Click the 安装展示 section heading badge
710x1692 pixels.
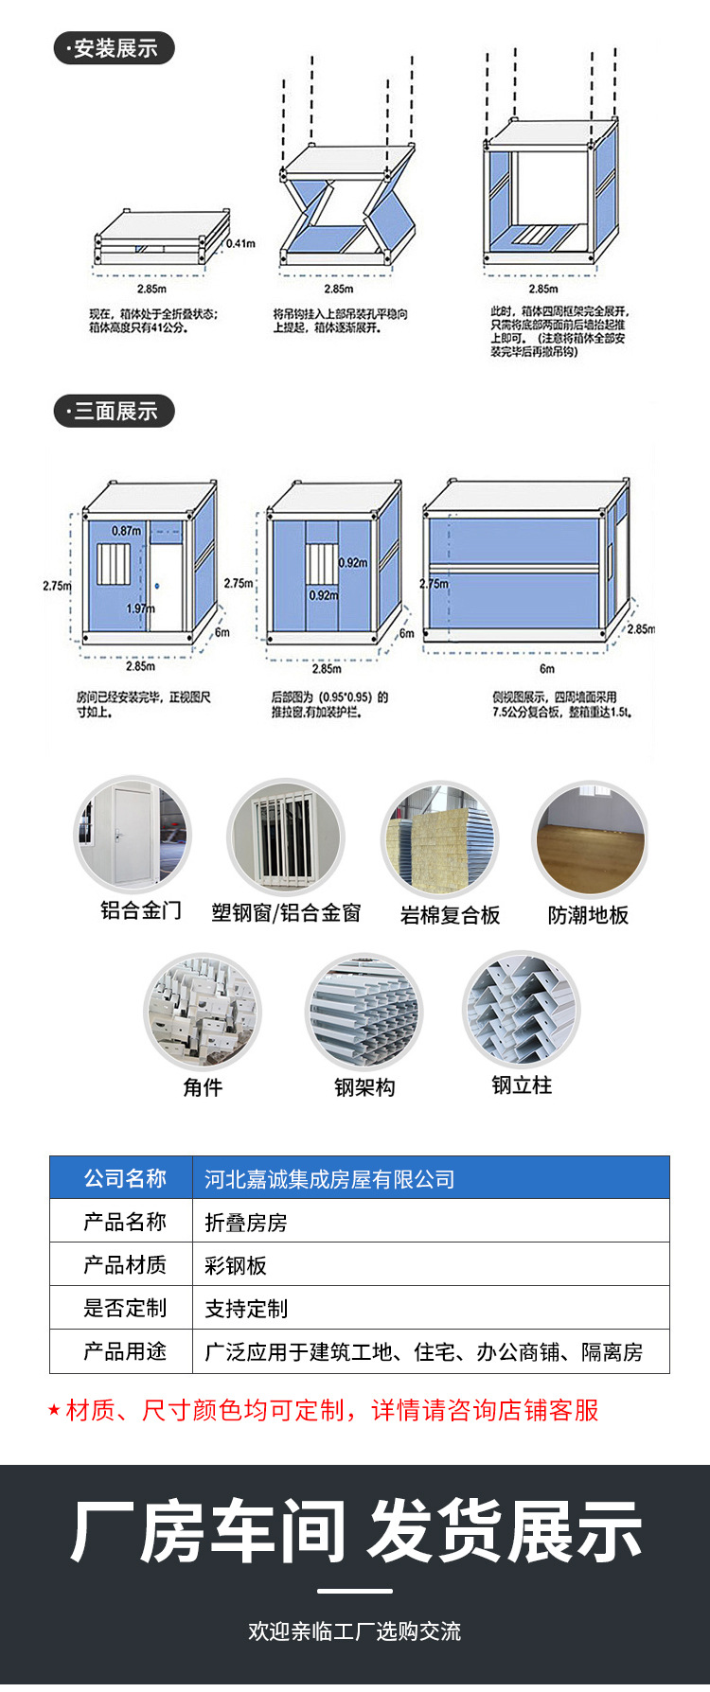coord(114,48)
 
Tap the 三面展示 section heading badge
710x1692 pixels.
coord(114,411)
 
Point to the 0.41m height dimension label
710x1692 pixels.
coord(240,243)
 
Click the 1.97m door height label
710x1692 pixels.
coord(140,608)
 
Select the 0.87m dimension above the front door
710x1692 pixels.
coord(126,531)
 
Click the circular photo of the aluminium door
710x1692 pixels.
coord(133,835)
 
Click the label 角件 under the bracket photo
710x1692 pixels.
coord(203,1087)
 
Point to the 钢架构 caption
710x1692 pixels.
coord(364,1087)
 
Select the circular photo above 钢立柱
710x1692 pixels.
coord(521,1010)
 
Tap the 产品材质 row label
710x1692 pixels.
coord(125,1264)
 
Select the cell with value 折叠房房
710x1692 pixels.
coord(246,1223)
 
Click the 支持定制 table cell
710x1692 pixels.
coord(246,1309)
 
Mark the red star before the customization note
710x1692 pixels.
coord(54,1411)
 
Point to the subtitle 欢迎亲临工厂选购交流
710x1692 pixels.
coord(355,1631)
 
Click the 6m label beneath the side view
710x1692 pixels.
coord(547,668)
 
